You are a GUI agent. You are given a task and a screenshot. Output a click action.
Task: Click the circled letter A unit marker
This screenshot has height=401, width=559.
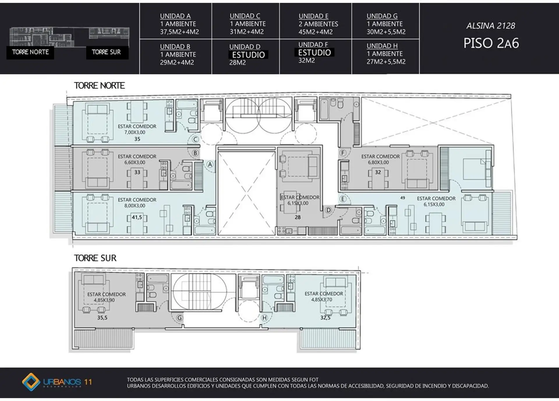pos(210,164)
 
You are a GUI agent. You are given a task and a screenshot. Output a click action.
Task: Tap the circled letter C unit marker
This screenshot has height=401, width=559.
pos(195,140)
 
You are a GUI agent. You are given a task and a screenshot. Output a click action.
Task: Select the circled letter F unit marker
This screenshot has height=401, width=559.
pos(343,153)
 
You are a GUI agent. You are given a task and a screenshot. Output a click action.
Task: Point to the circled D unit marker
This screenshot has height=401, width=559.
pos(328,210)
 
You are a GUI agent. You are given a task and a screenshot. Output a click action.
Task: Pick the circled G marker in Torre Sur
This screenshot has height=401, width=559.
pos(180,318)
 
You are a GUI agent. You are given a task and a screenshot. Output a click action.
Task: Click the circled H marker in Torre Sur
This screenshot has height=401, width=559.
pos(264,318)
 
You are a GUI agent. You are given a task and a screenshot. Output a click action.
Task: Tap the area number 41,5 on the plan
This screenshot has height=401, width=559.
pos(137,217)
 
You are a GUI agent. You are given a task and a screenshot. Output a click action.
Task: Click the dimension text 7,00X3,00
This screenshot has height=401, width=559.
pos(135,132)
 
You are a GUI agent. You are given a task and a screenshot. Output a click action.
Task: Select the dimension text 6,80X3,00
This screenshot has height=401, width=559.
pos(378,162)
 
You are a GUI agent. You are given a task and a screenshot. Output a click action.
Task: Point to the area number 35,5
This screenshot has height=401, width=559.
pos(102,318)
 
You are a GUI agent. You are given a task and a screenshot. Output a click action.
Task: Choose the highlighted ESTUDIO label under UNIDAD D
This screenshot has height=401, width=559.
pos(248,55)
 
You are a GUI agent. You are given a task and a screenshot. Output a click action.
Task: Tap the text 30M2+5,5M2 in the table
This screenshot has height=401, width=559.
pos(386,32)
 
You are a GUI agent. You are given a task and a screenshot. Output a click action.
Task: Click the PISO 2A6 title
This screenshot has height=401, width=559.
pos(491,43)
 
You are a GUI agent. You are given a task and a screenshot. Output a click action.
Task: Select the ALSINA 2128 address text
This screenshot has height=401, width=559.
pos(491,26)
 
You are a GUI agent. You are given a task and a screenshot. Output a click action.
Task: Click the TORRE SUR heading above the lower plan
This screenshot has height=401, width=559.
pos(95,258)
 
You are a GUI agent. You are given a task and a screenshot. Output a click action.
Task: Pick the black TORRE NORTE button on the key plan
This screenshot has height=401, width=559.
pos(30,52)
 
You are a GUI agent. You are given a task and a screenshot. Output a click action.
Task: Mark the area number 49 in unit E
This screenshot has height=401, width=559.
pos(403,198)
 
